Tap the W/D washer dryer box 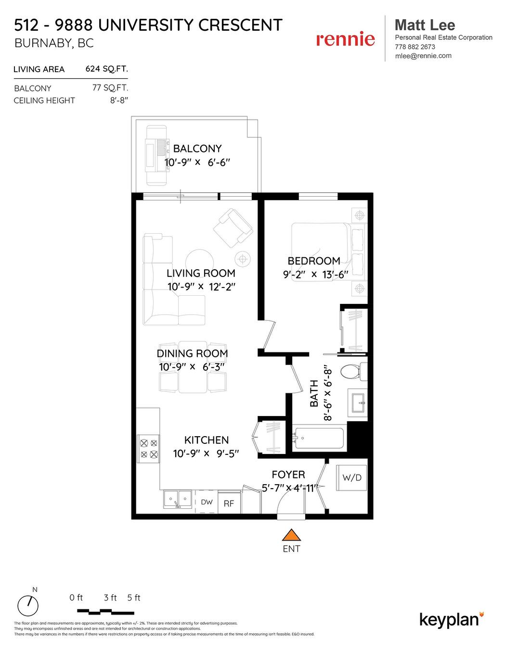coord(351,478)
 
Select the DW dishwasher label coord(207,502)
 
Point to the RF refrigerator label coord(229,503)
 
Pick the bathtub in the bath coord(319,438)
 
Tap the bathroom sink coord(357,402)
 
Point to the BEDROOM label coord(314,261)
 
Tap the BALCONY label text coord(197,149)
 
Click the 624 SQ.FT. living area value coord(106,69)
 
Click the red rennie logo coord(345,39)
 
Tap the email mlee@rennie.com coord(423,56)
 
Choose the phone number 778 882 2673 coord(415,47)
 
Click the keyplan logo coord(452,619)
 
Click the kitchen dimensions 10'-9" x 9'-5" coord(206,453)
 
